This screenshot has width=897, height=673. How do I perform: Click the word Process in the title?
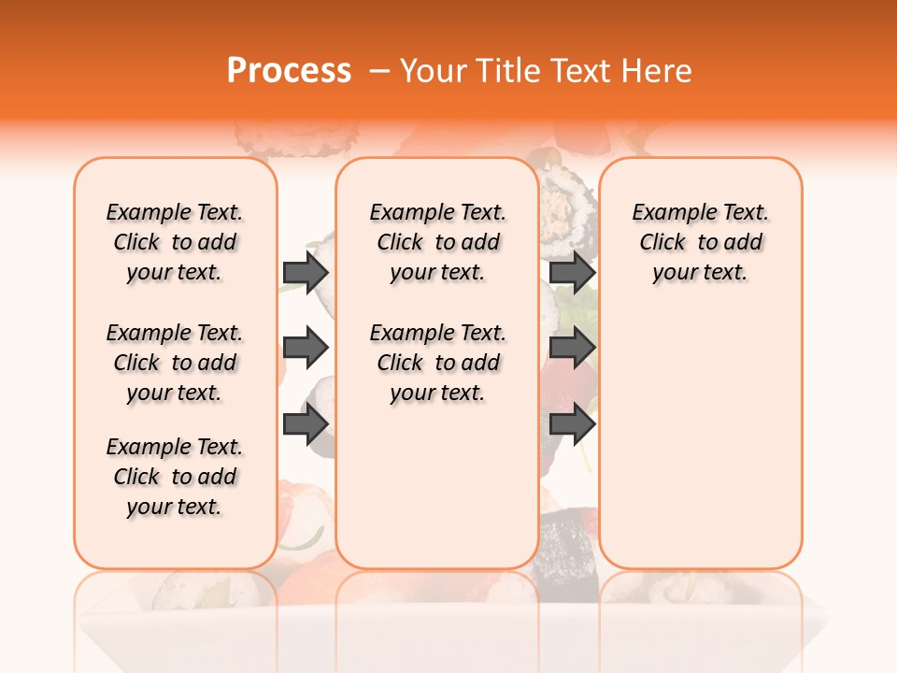point(289,71)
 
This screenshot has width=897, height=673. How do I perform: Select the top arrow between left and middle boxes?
point(306,272)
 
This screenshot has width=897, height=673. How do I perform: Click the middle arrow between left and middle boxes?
point(306,349)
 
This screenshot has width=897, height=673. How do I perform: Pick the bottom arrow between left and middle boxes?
point(306,423)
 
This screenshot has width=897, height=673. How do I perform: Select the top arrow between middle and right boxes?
point(572,272)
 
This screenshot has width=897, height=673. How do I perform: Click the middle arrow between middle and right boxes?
point(572,349)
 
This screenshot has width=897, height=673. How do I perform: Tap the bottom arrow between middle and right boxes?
point(572,423)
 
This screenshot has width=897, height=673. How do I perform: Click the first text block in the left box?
point(175,242)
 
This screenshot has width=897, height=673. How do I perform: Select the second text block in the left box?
point(175,363)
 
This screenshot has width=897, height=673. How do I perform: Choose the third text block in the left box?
point(175,477)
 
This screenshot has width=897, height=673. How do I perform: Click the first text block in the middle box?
point(437,242)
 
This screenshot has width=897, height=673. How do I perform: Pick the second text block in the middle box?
point(437,363)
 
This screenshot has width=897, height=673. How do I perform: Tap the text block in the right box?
point(700,242)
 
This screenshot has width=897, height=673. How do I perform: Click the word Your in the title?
point(434,71)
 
